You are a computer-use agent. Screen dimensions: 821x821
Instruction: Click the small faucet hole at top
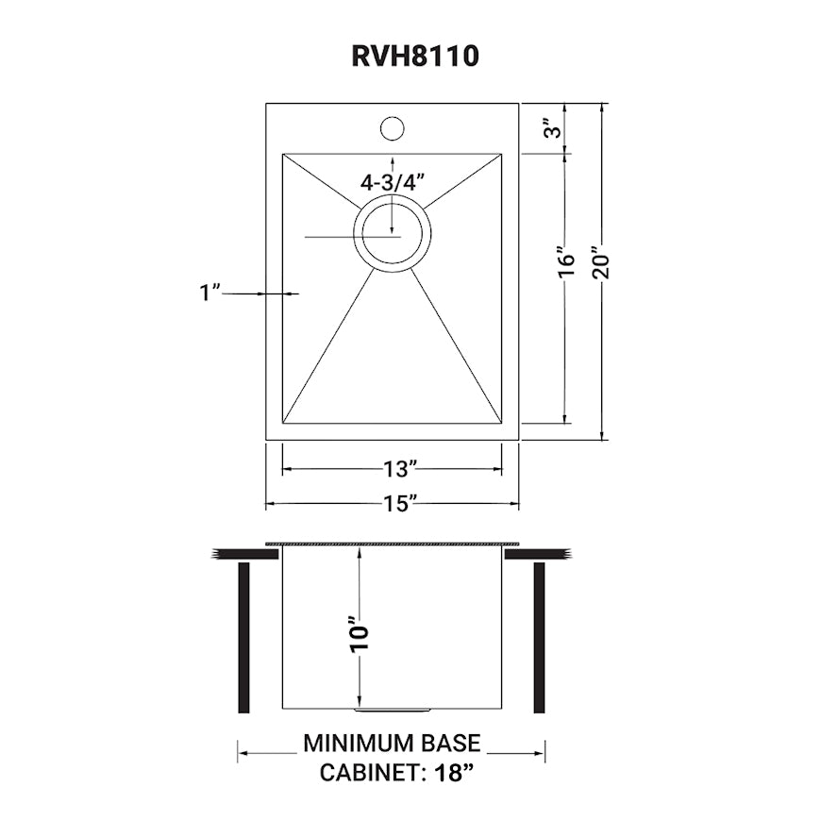click(x=392, y=126)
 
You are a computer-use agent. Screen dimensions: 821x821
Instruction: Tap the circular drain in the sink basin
click(x=393, y=234)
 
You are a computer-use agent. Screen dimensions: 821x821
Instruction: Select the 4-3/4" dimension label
click(x=389, y=183)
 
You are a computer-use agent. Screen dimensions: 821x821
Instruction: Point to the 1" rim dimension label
click(x=209, y=293)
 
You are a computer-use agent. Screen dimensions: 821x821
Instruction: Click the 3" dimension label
click(x=562, y=127)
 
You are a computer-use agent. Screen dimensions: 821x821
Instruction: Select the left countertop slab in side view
click(x=244, y=554)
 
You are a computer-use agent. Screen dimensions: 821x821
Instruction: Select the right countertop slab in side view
click(x=538, y=554)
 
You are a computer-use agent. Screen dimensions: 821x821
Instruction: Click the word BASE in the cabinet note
click(x=451, y=744)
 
